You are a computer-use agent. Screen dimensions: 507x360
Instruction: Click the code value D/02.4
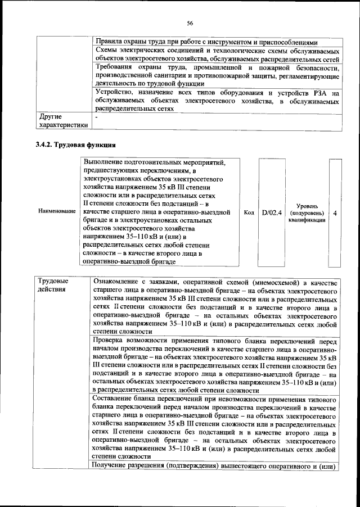pos(272,213)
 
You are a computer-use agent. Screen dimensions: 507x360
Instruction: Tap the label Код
pos(249,213)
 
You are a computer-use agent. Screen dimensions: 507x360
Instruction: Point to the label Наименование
pos(57,211)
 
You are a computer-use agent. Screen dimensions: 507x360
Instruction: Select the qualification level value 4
pos(335,214)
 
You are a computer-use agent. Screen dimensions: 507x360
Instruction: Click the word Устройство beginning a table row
pos(116,93)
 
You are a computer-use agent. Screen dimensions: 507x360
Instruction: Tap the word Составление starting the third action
pos(117,399)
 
